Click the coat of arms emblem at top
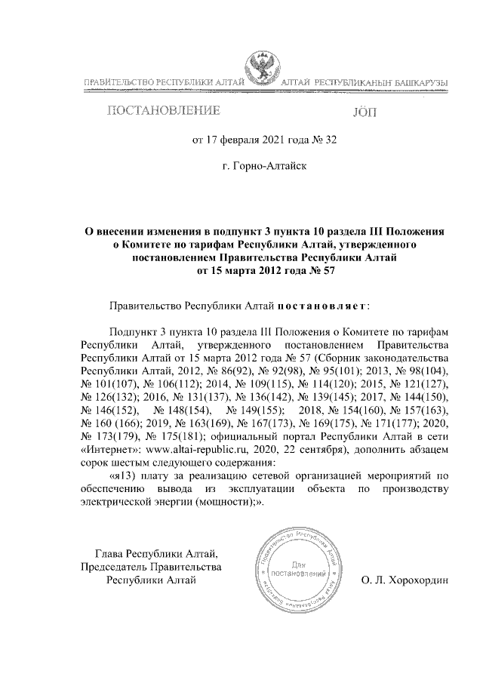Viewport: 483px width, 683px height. (x=262, y=69)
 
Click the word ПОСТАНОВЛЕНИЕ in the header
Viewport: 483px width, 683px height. (x=164, y=112)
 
